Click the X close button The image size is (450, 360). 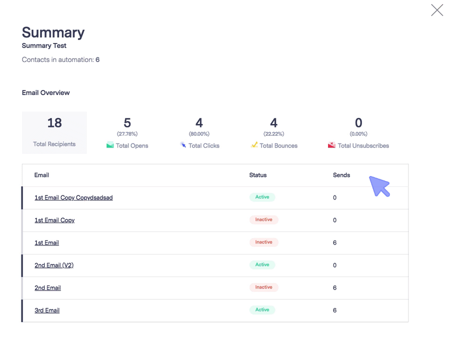click(437, 10)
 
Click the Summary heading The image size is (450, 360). click(53, 32)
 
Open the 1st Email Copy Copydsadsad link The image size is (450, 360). click(73, 197)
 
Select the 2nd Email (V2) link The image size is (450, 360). click(54, 265)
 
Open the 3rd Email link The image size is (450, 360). click(47, 310)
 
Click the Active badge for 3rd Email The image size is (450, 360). click(262, 310)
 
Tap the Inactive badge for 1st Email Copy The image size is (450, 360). click(263, 220)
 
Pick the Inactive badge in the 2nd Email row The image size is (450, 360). click(263, 287)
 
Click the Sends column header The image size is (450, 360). click(341, 175)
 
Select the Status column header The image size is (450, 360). click(258, 175)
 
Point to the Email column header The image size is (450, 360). click(41, 175)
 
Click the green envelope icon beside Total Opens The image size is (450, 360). click(110, 145)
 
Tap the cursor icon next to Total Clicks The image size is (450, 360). click(183, 145)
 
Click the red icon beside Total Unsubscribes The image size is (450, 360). click(331, 145)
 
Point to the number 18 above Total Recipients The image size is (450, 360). click(54, 122)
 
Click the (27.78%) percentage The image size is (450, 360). click(127, 134)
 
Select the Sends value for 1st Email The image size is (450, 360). click(334, 242)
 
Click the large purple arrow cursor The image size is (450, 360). click(379, 185)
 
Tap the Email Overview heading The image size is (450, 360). click(46, 92)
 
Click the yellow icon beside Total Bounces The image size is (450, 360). click(254, 145)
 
